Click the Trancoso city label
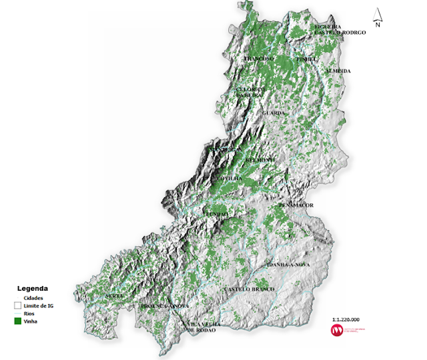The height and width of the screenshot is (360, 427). (x=259, y=59)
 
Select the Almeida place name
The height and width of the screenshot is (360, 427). (x=338, y=71)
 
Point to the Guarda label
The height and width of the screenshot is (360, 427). (x=274, y=113)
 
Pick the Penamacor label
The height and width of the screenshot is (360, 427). (x=296, y=205)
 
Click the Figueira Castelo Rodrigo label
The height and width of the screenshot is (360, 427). (x=340, y=29)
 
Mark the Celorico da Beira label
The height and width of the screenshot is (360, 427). (x=252, y=92)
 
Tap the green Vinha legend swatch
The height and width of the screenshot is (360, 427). (x=17, y=321)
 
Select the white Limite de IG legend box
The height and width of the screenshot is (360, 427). (x=17, y=305)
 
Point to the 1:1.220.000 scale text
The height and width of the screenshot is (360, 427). (x=345, y=319)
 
